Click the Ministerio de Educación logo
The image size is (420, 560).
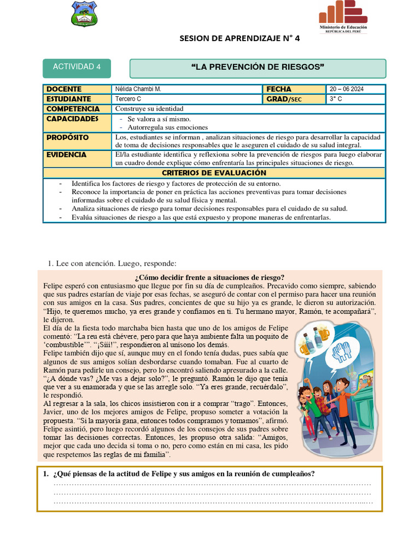(x=343, y=16)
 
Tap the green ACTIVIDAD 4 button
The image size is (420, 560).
(x=77, y=67)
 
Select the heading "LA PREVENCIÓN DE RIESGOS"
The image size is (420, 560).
(x=258, y=67)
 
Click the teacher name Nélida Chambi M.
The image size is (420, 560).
(x=138, y=89)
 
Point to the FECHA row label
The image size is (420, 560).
(x=279, y=89)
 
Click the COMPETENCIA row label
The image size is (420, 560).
(x=72, y=109)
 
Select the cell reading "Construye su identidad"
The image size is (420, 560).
(x=149, y=109)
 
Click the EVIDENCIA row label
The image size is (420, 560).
(x=66, y=155)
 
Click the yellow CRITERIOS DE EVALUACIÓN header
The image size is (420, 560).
(x=214, y=173)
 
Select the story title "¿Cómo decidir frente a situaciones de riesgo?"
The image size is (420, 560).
(x=209, y=277)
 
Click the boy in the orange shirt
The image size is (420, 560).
(x=343, y=405)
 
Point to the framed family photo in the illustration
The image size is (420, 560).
(x=365, y=381)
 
